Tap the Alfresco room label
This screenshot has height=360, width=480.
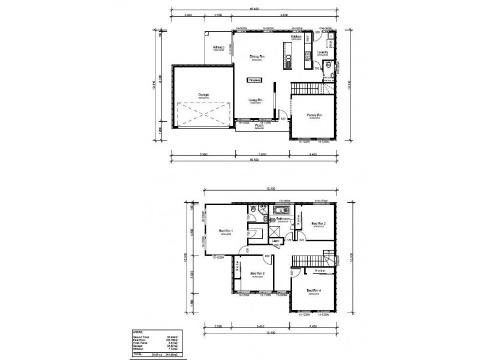pos(218,47)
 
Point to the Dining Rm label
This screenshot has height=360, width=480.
pos(258,57)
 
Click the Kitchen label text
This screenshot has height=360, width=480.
pos(296,37)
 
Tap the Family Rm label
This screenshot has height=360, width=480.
pos(315,115)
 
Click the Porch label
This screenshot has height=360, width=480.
pos(259,126)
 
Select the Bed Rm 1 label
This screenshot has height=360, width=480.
pos(226,231)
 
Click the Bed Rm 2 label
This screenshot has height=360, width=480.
pos(318,224)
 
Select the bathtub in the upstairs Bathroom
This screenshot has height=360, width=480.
pos(281,211)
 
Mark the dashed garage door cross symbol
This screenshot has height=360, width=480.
pos(203,114)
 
